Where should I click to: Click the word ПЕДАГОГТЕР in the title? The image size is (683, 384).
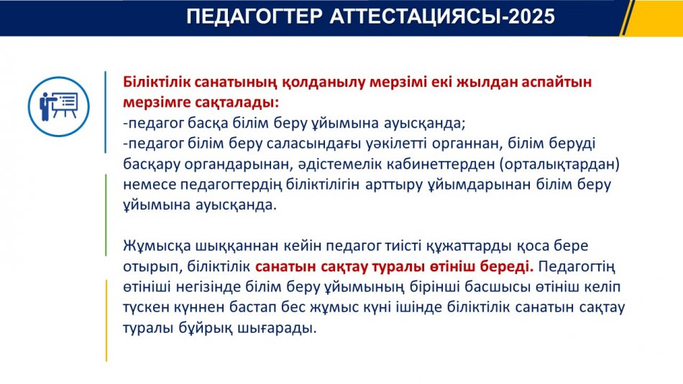[x=255, y=16]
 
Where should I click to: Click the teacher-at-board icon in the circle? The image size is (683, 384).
[x=59, y=106]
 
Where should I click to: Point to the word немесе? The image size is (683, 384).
[x=150, y=185]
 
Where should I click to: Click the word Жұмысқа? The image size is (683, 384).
[x=157, y=246]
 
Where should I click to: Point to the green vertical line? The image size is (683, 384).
[x=106, y=215]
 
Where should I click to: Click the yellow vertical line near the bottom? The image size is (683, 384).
[x=106, y=321]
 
